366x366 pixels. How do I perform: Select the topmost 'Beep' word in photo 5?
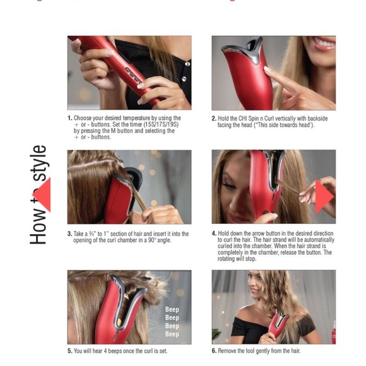pos(172,310)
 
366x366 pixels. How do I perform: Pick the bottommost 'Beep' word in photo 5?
pos(172,334)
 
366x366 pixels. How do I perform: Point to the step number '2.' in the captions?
pos(214,119)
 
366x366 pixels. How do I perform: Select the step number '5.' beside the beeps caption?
pos(70,350)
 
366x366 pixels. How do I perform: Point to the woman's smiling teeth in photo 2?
pos(324,44)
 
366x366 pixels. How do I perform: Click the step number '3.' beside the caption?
pos(70,233)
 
